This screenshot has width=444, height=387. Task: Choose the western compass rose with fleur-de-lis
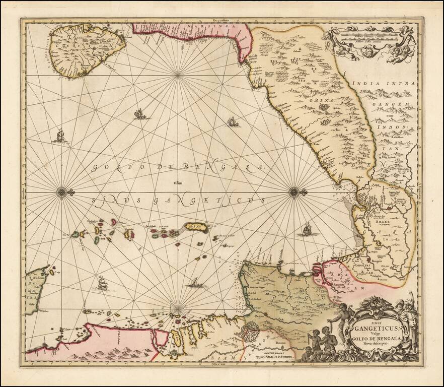click(x=61, y=191)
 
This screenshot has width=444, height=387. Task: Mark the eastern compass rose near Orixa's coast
click(x=294, y=191)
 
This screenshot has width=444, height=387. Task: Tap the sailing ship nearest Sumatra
click(x=103, y=284)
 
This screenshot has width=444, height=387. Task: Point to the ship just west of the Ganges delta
click(x=306, y=230)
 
